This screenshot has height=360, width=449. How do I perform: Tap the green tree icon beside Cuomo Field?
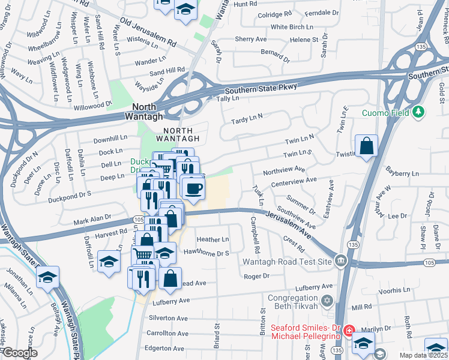[x=418, y=112]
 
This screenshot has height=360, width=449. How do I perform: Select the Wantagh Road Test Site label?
[x=287, y=262]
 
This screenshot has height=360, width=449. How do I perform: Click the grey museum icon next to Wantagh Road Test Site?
[x=341, y=261]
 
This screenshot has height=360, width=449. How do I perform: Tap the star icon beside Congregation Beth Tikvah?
[x=327, y=299]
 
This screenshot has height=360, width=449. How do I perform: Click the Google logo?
[x=20, y=353]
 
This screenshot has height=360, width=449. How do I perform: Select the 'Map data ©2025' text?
[x=421, y=355]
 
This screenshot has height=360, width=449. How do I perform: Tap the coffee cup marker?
[x=192, y=189]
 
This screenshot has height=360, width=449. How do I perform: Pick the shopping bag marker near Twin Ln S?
[x=366, y=146]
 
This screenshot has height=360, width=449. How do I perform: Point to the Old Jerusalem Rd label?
[x=147, y=32]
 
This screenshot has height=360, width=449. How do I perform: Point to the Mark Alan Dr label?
[x=92, y=220]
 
